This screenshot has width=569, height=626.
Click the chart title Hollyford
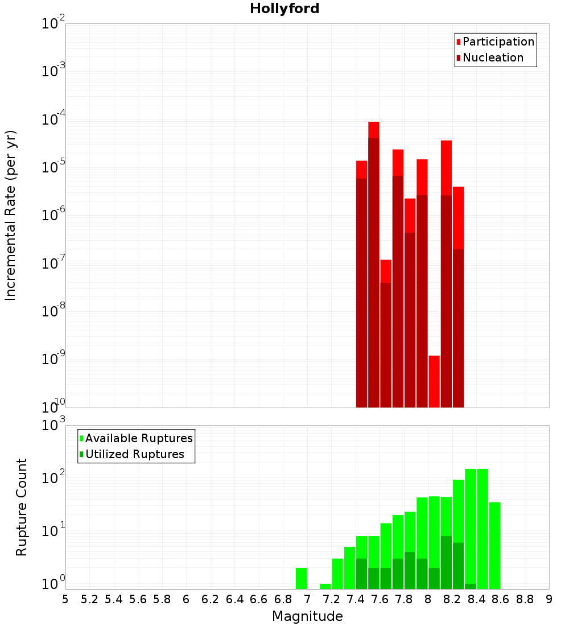[284, 9]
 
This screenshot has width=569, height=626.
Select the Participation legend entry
[498, 42]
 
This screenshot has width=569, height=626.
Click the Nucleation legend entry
[492, 57]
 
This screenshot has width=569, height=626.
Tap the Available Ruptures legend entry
[138, 438]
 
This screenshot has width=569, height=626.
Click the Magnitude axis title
[307, 616]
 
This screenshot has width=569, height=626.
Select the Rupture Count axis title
[22, 506]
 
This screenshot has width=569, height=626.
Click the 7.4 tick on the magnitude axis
[356, 599]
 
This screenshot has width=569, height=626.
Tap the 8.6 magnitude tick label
[501, 599]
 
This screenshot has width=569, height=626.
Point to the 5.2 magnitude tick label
[90, 599]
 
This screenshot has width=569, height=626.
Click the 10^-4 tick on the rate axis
[53, 120]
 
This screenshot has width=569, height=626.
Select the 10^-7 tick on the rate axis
[53, 263]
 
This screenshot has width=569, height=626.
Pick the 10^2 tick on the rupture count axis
[53, 478]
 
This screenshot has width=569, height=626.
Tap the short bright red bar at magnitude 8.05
[434, 381]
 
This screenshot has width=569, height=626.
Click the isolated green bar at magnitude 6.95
[301, 578]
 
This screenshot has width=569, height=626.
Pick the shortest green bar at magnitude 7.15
[325, 586]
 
